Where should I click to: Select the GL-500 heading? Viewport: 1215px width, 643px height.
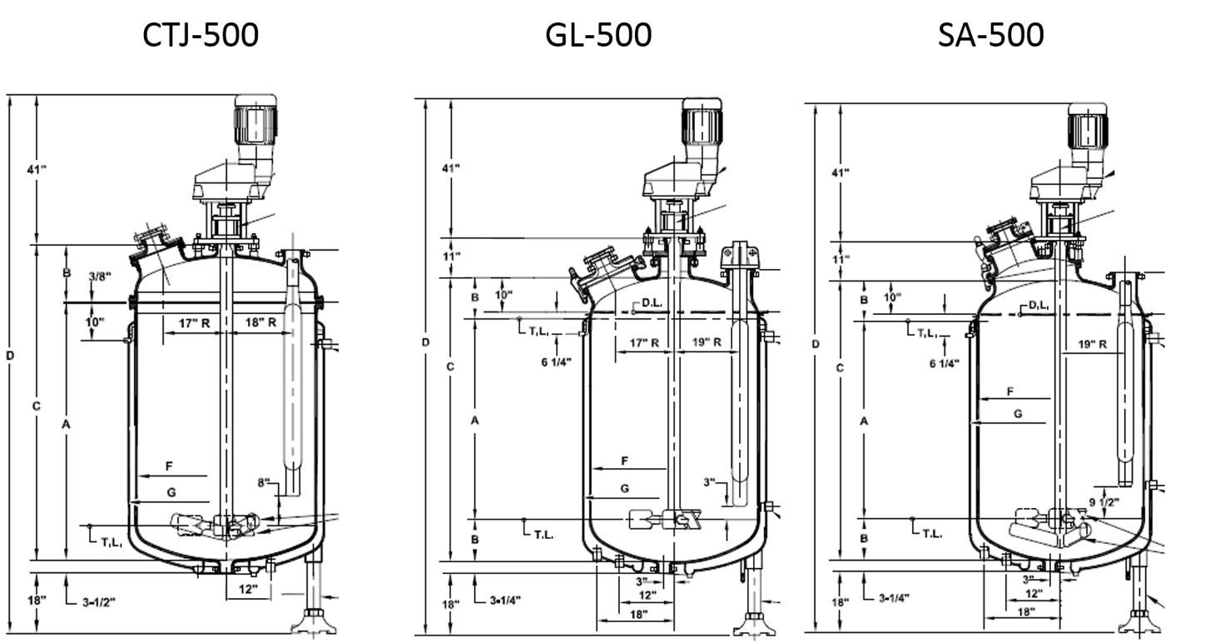[x=598, y=35]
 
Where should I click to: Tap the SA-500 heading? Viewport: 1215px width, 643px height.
[x=990, y=35]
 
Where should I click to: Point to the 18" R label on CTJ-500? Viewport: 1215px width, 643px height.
[x=260, y=322]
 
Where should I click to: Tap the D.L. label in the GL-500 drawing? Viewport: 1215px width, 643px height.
[x=651, y=304]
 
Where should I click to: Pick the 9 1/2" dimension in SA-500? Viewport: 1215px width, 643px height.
[x=1103, y=501]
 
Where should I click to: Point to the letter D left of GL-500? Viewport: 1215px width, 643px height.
[x=425, y=343]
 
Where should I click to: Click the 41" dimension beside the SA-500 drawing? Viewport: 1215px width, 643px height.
[x=841, y=172]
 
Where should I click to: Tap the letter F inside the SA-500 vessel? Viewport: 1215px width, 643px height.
[x=1010, y=391]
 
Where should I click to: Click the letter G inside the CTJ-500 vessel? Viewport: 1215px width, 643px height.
[x=171, y=492]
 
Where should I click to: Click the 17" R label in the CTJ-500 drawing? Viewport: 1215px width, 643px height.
[x=193, y=322]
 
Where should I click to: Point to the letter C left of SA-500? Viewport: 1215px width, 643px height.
[x=841, y=367]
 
